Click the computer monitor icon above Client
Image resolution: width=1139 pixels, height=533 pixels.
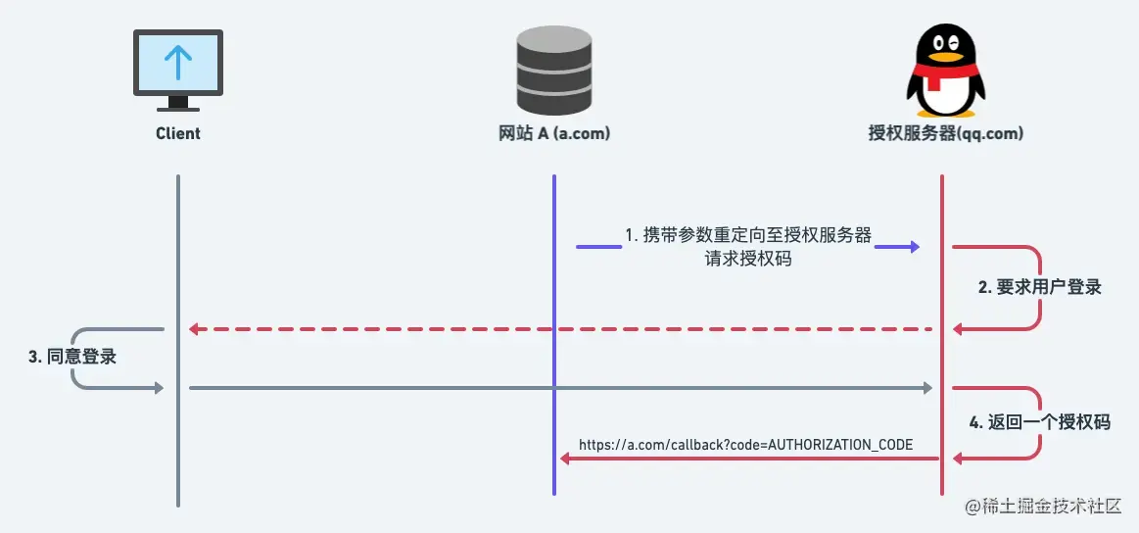pos(177,71)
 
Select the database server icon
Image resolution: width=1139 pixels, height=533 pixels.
pos(553,71)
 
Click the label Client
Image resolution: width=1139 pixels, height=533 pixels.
pos(177,133)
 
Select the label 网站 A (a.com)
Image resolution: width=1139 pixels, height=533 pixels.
pos(553,133)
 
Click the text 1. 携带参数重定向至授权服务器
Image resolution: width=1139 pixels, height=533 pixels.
pos(748,235)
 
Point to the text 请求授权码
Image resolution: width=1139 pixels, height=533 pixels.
pos(748,259)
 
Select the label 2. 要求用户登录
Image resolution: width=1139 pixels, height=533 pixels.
pos(1040,287)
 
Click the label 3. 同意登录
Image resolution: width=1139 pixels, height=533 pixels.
pos(72,357)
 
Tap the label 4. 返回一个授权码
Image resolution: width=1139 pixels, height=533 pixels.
pos(1040,422)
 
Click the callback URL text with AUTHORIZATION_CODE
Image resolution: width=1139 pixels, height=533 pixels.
pos(745,445)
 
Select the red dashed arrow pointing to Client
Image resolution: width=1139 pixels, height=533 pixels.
pos(558,328)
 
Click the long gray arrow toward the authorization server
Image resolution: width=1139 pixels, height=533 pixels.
pos(558,389)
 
